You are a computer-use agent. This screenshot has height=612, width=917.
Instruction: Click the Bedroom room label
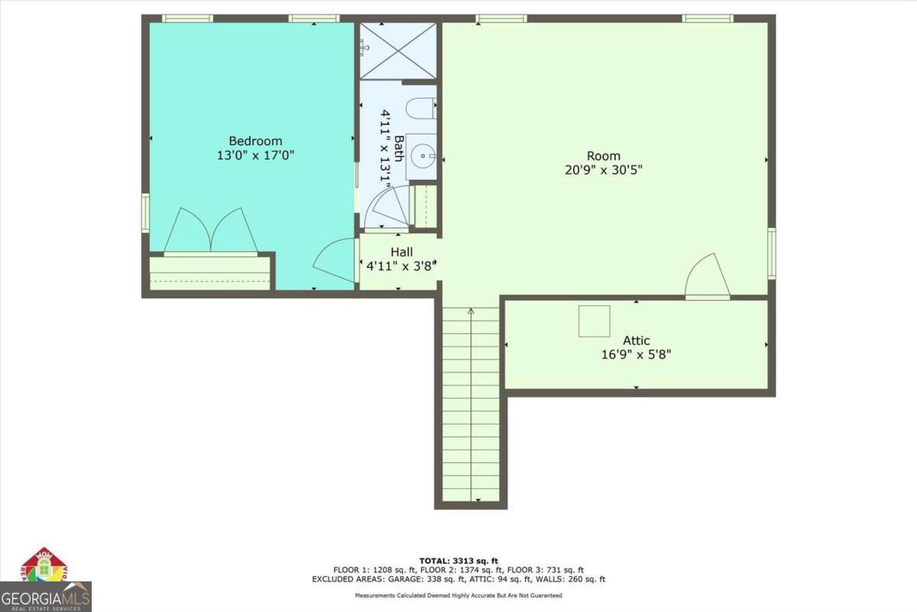point(255,141)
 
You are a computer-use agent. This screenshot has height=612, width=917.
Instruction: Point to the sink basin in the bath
point(420,157)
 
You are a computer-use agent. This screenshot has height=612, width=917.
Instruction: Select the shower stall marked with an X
point(397,50)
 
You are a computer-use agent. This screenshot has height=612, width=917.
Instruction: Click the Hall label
point(401,252)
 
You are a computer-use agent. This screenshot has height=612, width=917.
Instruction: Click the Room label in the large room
point(603,156)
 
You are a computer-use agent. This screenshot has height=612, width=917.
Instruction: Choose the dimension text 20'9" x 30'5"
point(603,171)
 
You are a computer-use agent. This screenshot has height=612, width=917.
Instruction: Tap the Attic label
point(636,340)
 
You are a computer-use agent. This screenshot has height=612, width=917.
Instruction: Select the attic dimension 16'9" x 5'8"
point(636,355)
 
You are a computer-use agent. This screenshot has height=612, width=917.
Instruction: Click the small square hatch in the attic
point(594,321)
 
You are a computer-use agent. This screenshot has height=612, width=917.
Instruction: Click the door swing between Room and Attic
point(707,277)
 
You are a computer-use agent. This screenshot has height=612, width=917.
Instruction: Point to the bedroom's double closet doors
point(210,229)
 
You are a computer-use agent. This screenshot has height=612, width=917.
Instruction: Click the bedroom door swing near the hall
point(334,262)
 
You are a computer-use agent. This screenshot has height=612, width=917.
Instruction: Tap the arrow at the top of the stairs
point(471,311)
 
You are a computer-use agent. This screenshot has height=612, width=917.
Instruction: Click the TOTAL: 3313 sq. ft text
point(458,561)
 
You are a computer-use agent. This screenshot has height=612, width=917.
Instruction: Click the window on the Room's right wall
point(771,252)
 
